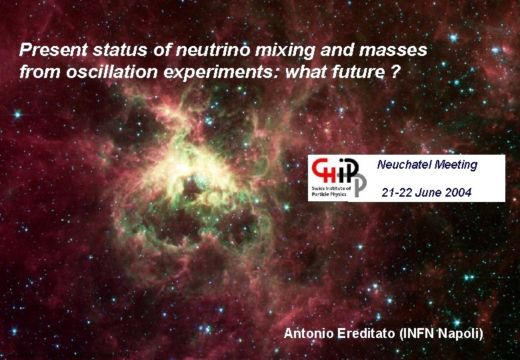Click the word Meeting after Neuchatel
[456, 165]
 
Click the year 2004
[459, 193]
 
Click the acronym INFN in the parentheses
[418, 334]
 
